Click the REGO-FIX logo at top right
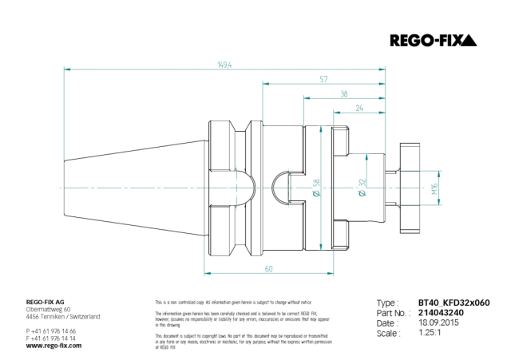[432, 40]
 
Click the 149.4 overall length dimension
[224, 66]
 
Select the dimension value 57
[323, 80]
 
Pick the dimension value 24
[359, 108]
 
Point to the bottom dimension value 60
[268, 268]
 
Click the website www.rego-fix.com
[53, 346]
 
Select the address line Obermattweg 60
[49, 310]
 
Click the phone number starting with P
[51, 330]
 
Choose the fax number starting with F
[51, 338]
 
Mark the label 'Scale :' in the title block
[389, 334]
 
